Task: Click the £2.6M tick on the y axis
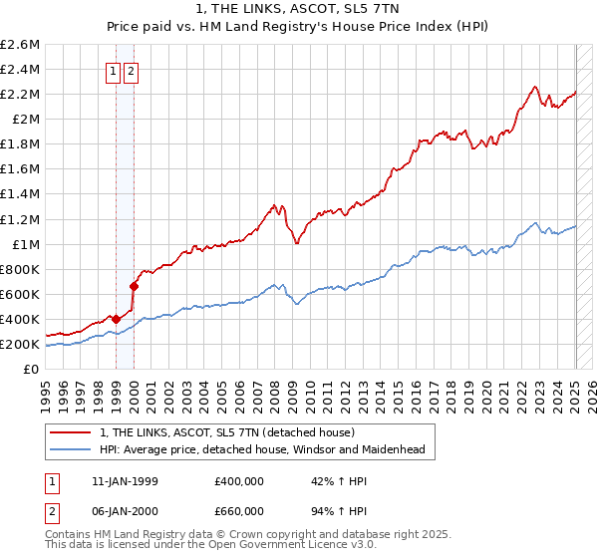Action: tap(20, 45)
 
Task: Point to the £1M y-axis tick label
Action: tap(25, 244)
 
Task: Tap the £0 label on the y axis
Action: tap(32, 369)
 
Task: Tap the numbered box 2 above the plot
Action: tap(132, 71)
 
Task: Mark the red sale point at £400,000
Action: tap(116, 319)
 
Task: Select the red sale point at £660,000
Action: tap(134, 286)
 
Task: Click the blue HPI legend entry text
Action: tap(262, 450)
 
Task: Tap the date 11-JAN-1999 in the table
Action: tap(125, 480)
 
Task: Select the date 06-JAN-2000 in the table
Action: tap(125, 511)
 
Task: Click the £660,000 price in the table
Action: tap(238, 511)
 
